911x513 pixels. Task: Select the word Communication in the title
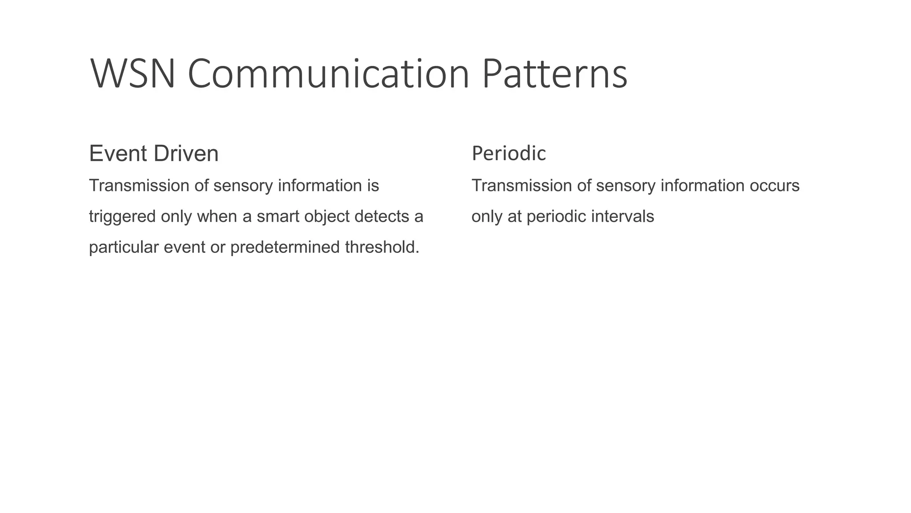pos(328,73)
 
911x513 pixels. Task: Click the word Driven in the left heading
pos(186,154)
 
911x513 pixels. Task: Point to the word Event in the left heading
pos(118,154)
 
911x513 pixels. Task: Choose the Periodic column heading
pos(508,154)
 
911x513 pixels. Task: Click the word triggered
pos(122,217)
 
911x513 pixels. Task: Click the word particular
pos(124,248)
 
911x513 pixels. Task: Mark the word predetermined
pos(285,248)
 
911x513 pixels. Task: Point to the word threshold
pos(382,248)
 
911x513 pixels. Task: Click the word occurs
pos(774,186)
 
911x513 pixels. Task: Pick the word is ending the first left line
pos(373,186)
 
